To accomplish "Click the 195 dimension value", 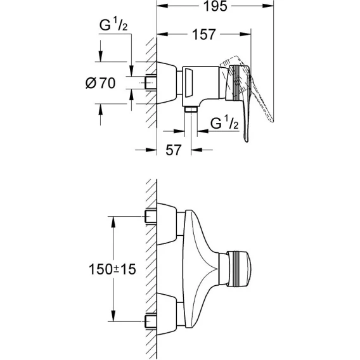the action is point(215,6).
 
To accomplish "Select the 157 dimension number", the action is point(204,35).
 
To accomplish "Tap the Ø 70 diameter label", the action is point(100,83).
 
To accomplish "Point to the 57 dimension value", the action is point(174,150).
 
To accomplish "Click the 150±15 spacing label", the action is point(112,269).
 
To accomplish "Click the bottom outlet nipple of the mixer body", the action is point(191,109).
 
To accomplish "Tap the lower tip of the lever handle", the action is point(247,141).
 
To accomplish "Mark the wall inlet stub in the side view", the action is point(150,83).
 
